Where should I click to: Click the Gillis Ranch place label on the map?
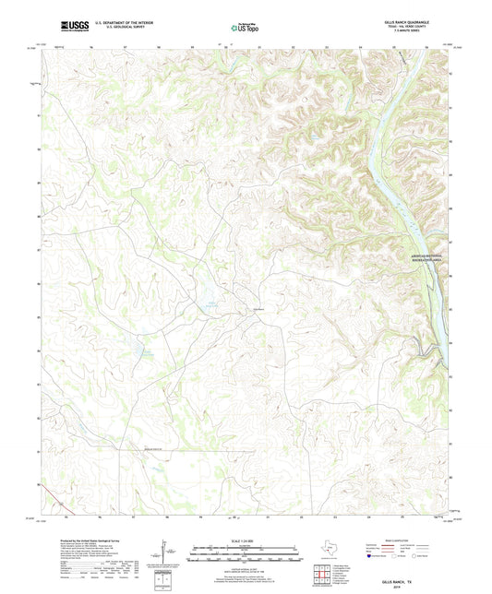click(259, 307)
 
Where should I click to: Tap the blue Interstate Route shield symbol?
click(372, 557)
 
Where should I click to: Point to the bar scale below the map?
click(245, 555)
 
